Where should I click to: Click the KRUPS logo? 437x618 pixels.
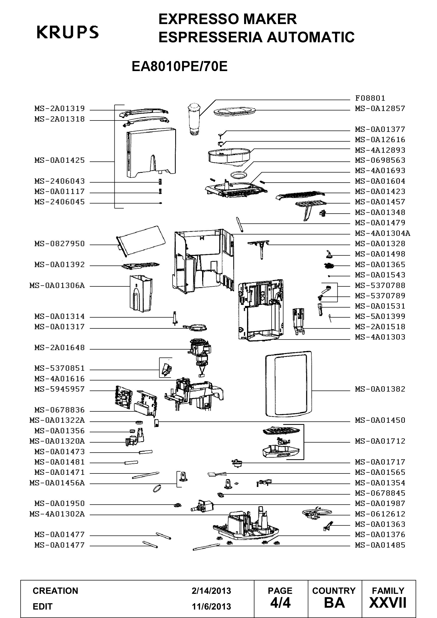click(68, 32)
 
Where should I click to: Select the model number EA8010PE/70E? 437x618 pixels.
click(179, 66)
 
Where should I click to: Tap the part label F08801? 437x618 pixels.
click(370, 98)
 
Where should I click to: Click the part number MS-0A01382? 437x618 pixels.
click(380, 389)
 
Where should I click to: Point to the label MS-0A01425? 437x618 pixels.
click(59, 160)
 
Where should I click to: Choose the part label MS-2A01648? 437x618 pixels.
click(59, 348)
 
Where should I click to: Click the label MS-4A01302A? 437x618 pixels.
click(57, 514)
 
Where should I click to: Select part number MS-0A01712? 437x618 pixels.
click(380, 441)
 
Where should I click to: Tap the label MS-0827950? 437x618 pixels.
click(59, 244)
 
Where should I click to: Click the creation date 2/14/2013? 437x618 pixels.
click(211, 591)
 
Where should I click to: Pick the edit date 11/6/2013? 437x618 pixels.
click(211, 607)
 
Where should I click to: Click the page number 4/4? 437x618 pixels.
click(280, 603)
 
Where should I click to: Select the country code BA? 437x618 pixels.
click(334, 603)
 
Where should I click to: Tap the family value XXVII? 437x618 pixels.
click(388, 603)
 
